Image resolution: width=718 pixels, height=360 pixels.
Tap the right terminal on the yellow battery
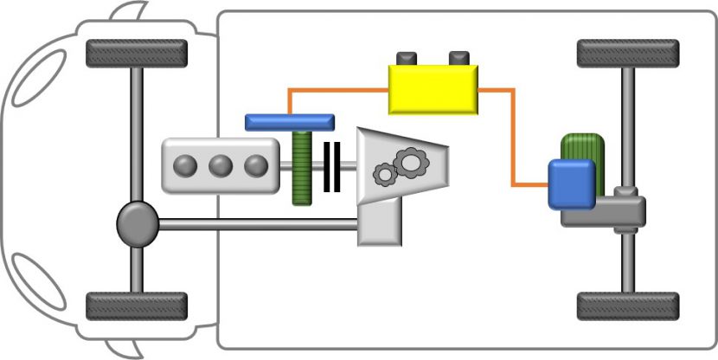[458, 58]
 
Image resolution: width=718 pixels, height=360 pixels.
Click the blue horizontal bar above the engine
[289, 122]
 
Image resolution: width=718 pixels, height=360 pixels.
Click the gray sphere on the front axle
[138, 224]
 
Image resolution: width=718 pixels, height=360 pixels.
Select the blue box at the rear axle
[571, 183]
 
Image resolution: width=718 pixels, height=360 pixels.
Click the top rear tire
[627, 54]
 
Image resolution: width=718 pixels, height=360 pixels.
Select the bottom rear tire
[627, 305]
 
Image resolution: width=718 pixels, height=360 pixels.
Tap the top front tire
[137, 54]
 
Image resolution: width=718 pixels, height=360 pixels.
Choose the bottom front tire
[137, 305]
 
